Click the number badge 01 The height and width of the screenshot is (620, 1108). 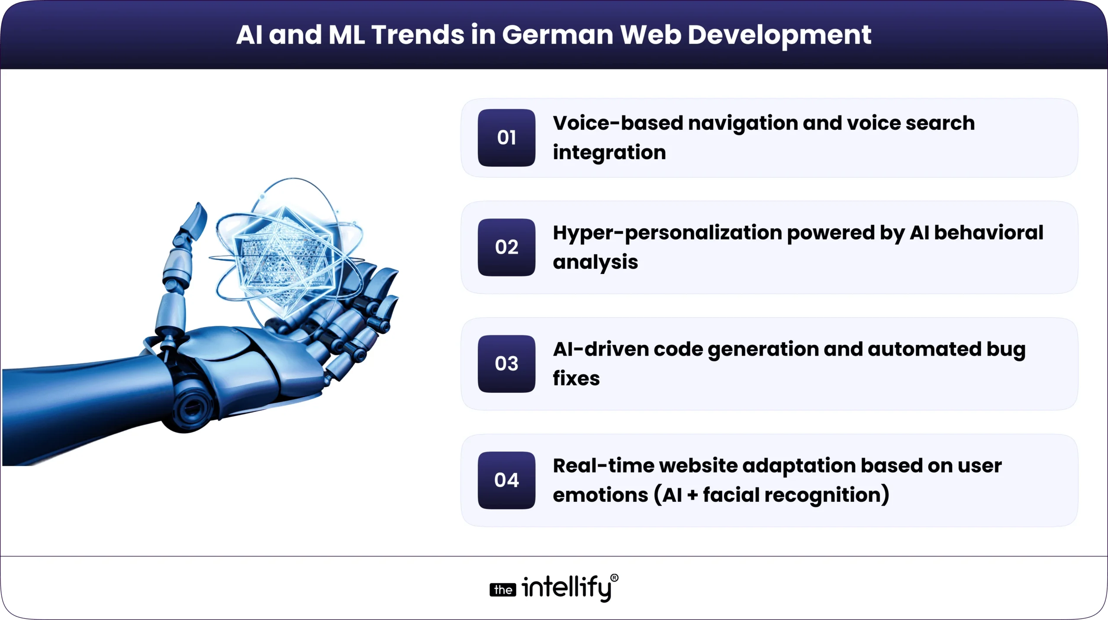[506, 138]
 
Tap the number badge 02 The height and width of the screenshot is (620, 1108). [506, 247]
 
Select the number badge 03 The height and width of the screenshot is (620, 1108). [506, 363]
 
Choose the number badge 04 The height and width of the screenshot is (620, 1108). [506, 480]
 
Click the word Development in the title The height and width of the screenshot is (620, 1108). [779, 35]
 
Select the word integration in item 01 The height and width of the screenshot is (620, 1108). [609, 153]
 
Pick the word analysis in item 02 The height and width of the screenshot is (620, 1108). [595, 263]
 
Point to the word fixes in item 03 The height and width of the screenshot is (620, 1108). [576, 379]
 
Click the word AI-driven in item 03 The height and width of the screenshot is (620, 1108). [600, 350]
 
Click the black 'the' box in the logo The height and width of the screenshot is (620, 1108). [502, 590]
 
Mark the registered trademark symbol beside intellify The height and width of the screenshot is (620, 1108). [614, 578]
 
